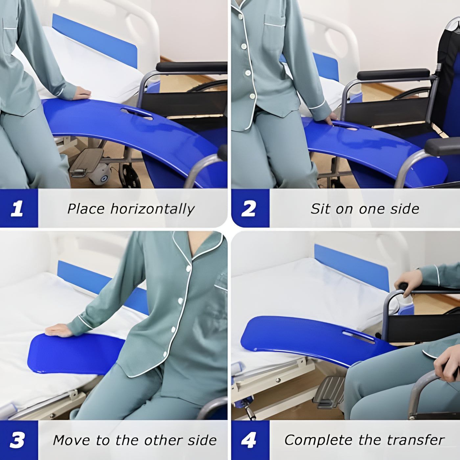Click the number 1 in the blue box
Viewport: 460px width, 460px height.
click(17, 208)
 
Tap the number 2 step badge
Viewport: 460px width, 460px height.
click(248, 208)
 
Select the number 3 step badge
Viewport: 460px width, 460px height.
click(17, 440)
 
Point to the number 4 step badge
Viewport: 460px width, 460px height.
click(248, 440)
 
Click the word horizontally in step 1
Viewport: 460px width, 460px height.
click(152, 209)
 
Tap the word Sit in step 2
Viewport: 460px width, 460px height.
click(321, 209)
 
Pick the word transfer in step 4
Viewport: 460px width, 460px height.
click(416, 440)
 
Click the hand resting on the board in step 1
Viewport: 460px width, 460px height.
click(81, 93)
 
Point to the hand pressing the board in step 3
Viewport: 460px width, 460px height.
click(59, 331)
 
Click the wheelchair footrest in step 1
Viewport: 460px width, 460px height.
click(86, 162)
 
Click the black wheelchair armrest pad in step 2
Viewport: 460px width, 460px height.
click(394, 75)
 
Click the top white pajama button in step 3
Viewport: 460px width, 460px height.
click(189, 269)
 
